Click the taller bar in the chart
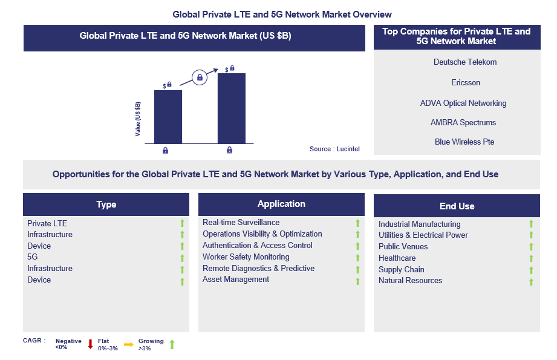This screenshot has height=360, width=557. (x=232, y=108)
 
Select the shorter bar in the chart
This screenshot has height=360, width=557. (x=168, y=116)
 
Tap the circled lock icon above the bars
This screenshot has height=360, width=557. (x=199, y=77)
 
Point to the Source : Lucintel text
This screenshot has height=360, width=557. (x=334, y=149)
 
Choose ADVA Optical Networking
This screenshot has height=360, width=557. (x=463, y=103)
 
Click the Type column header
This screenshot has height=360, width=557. (x=106, y=205)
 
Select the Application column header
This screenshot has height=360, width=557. (x=281, y=204)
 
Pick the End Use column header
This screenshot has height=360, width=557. (x=457, y=206)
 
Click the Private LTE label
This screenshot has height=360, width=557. (x=47, y=223)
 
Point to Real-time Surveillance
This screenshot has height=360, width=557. (x=241, y=223)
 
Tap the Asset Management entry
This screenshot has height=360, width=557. (x=236, y=280)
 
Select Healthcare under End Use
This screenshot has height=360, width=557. (x=397, y=258)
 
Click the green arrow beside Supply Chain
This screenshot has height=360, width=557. (x=532, y=270)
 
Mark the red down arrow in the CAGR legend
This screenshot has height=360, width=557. (x=90, y=344)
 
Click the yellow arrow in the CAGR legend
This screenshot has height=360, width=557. (x=128, y=344)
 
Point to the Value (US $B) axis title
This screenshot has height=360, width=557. (x=138, y=119)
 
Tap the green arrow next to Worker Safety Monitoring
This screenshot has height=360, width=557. (x=357, y=258)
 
